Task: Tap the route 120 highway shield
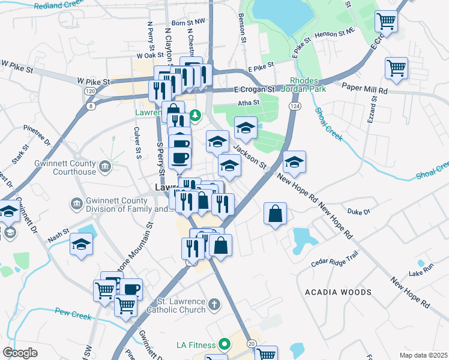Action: (90, 91)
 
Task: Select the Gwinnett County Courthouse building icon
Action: (106, 166)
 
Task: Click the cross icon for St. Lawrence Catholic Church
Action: (215, 306)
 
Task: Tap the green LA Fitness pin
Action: (224, 344)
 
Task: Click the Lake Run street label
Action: (420, 274)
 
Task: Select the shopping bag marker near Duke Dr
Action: (275, 214)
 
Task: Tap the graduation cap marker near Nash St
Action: (82, 245)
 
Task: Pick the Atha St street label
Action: (247, 102)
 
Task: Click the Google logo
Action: (20, 353)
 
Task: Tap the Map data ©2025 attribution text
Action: (423, 355)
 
